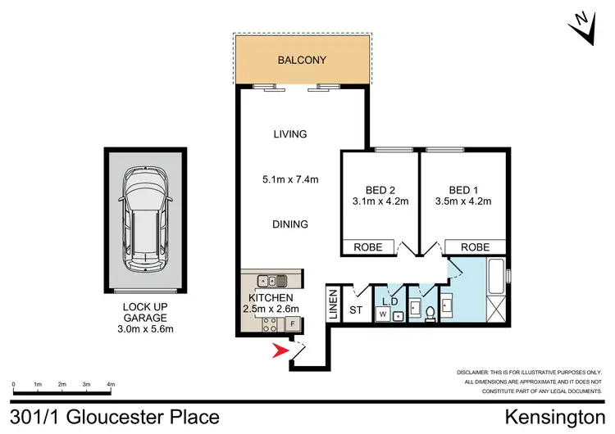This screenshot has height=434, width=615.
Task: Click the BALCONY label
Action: (x=302, y=60)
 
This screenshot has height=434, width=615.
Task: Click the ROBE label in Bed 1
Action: (x=476, y=246)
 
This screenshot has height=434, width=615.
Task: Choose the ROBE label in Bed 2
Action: (x=367, y=246)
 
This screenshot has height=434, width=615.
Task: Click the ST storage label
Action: (x=355, y=310)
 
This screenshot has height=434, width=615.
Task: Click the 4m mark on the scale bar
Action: (x=111, y=384)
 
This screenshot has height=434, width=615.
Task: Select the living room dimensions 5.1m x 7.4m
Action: (x=289, y=179)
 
